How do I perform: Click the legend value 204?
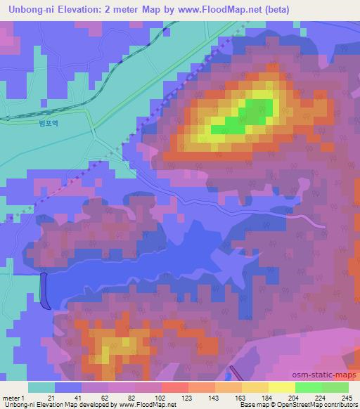point(294,398)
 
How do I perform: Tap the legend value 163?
point(241,398)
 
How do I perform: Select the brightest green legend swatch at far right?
point(335,387)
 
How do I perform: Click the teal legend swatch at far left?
point(41,387)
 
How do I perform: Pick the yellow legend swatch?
point(281,387)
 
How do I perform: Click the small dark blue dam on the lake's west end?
point(45,291)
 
